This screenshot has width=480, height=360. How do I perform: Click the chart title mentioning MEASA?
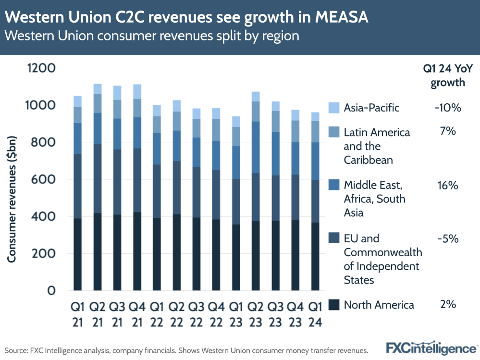187,18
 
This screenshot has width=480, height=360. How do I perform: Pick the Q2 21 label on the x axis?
98,312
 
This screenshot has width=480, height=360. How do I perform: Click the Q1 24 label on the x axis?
315,312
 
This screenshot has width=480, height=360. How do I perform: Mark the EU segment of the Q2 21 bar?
98,178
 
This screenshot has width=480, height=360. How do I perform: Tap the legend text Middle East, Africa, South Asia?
374,199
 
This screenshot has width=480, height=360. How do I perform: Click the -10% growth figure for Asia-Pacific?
447,108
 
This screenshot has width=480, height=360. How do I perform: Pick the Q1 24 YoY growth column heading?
447,75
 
